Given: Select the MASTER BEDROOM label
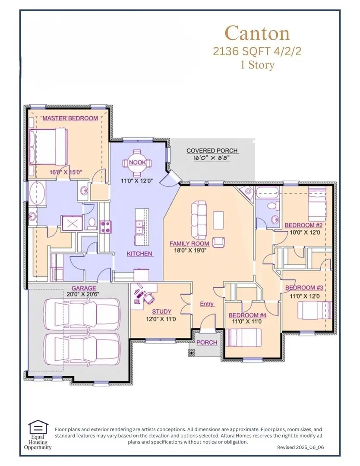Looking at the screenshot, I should tap(69, 118).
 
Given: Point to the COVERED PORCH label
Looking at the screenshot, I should tap(212, 151).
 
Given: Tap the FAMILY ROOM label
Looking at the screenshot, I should tap(189, 244).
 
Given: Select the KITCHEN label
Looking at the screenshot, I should tap(139, 254).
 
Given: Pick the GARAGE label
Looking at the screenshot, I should tap(84, 288).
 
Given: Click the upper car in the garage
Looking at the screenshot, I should tap(82, 314).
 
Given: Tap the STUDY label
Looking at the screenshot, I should tap(161, 311).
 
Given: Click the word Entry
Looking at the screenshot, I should tap(207, 304).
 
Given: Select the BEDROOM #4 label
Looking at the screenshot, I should tap(247, 315).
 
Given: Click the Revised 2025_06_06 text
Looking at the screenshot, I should tap(300, 448).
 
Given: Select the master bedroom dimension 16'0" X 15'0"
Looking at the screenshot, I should tap(66, 172).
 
